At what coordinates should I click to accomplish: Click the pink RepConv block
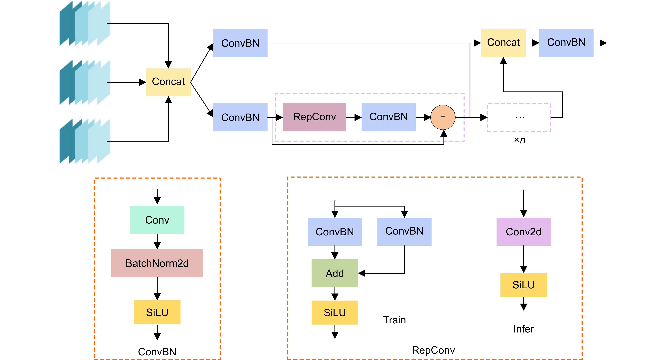coord(314,117)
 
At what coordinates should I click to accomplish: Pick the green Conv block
coord(157,220)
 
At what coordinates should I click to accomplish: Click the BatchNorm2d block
coord(157,263)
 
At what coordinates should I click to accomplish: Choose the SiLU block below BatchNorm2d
coord(157,312)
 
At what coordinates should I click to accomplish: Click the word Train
coord(394,320)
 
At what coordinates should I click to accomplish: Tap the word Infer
coord(524,329)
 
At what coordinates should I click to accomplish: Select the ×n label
coord(519,140)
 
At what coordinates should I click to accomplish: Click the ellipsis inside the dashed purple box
coord(520,118)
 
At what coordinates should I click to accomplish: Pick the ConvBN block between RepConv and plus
coord(388,117)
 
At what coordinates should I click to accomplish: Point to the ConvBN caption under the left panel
coord(157,352)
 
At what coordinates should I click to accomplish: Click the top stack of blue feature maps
coord(85,24)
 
